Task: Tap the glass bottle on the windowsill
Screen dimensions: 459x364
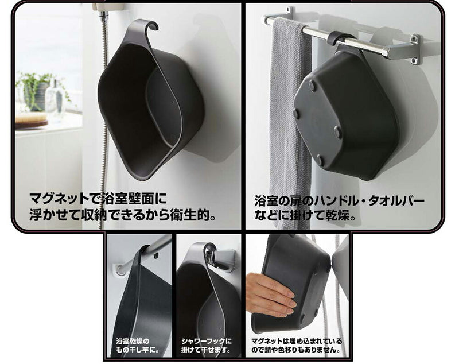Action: coord(55,99)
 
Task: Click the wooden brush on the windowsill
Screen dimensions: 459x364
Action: coord(32,120)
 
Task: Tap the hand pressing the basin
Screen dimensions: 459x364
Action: coord(270,295)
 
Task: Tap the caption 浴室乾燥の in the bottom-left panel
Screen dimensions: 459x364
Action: coord(133,341)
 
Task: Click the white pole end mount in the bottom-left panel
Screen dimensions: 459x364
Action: coord(119,269)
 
